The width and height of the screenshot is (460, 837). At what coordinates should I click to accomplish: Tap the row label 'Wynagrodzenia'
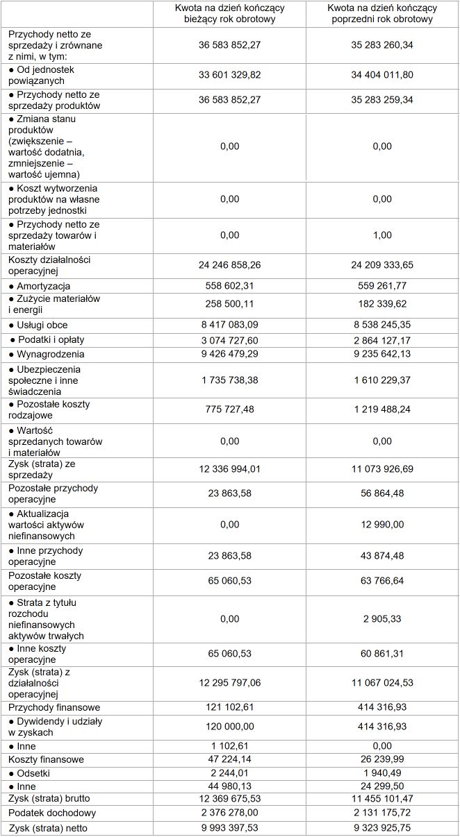[x=49, y=354]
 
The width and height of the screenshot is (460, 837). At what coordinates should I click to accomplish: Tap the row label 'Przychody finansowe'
[x=54, y=707]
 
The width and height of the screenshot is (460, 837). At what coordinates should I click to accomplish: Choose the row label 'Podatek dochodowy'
[x=52, y=813]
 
